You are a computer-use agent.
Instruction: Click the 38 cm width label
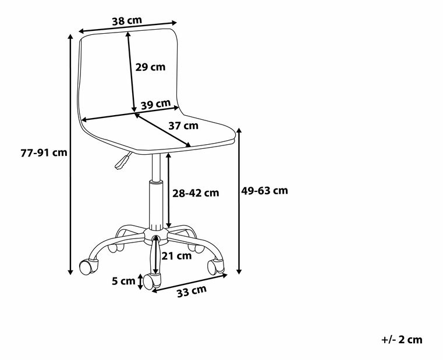pos(127,21)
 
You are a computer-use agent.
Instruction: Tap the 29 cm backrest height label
pos(150,67)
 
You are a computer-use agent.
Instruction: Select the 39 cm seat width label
pos(155,104)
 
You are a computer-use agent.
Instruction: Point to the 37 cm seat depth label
pos(183,126)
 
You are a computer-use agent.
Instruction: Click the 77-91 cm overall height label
pos(44,152)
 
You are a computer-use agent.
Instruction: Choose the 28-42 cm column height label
pos(196,193)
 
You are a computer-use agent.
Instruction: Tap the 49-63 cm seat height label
pos(264,191)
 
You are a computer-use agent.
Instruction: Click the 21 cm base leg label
pos(176,256)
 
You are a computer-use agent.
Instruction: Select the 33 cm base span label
pos(192,291)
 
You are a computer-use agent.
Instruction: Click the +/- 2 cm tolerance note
pos(402,339)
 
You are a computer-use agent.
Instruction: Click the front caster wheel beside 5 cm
pos(152,281)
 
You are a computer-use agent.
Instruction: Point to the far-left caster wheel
pos(88,267)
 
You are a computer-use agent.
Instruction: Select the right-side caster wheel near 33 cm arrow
pos(216,266)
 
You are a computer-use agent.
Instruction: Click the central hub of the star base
pos(155,236)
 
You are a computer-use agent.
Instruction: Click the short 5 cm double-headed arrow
pos(140,281)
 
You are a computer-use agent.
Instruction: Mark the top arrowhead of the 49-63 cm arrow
pos(239,131)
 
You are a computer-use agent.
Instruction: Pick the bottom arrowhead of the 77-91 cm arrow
pos(70,272)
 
